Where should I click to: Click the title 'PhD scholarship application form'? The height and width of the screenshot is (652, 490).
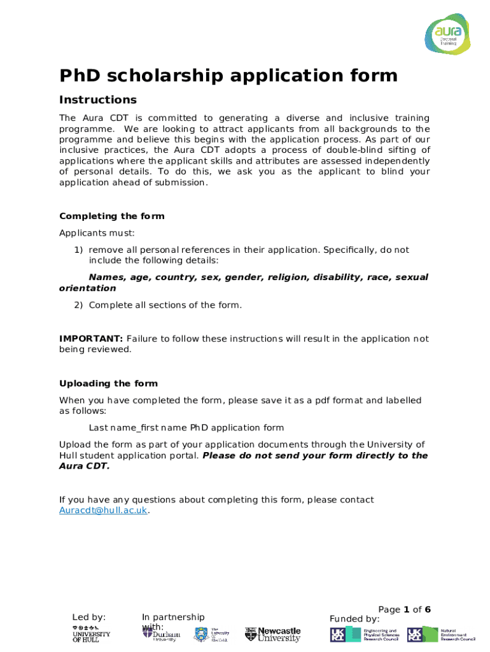click(x=228, y=76)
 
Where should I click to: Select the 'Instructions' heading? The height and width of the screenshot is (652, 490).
click(x=97, y=100)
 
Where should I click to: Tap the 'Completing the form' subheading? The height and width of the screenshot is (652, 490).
click(x=111, y=216)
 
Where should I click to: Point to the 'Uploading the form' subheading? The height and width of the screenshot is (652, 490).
click(x=108, y=383)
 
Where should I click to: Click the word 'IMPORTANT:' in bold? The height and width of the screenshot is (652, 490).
click(x=91, y=339)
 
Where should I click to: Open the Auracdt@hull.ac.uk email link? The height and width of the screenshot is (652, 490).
click(x=103, y=511)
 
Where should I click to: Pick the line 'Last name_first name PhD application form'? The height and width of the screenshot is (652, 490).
click(x=186, y=427)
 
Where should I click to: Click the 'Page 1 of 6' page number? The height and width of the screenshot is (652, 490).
click(x=404, y=609)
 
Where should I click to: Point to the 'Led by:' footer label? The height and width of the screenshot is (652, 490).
click(x=88, y=617)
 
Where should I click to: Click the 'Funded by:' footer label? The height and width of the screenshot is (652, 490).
click(x=354, y=619)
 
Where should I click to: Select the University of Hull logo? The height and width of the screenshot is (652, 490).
click(x=90, y=634)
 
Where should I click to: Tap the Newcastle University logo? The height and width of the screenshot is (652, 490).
click(x=272, y=634)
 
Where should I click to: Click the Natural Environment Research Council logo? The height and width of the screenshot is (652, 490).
click(x=440, y=634)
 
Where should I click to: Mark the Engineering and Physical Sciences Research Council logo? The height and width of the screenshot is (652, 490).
click(x=363, y=634)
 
